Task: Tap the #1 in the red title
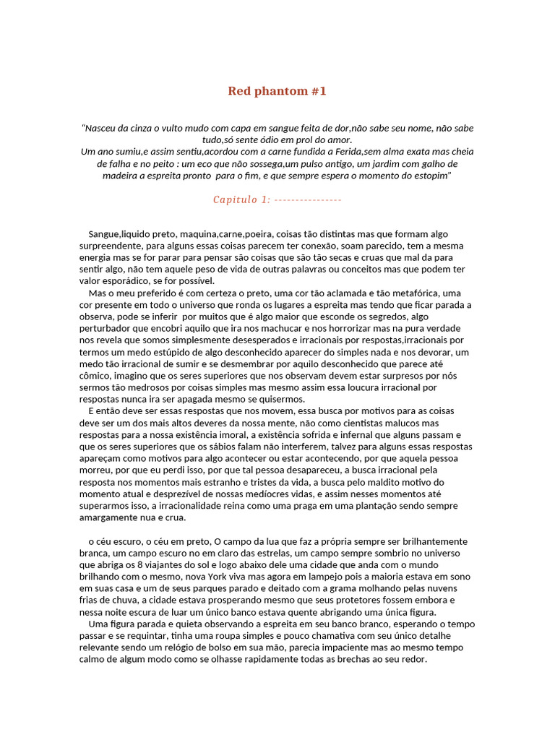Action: point(319,91)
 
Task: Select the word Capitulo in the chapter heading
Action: point(235,199)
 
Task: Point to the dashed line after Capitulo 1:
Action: point(309,199)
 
